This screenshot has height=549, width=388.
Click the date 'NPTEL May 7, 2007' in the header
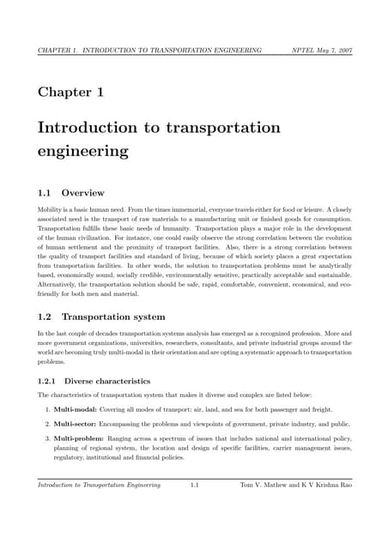point(321,51)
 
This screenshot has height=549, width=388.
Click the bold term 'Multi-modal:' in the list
point(76,409)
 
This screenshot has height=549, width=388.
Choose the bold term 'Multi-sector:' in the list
point(77,424)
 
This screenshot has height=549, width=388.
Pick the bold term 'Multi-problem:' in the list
point(80,438)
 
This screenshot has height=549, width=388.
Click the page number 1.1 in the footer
point(195,486)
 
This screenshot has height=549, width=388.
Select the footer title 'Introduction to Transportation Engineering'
point(99,486)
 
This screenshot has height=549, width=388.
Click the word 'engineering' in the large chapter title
point(83,152)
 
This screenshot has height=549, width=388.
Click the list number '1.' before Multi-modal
point(47,409)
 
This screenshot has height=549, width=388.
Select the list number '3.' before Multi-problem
point(47,438)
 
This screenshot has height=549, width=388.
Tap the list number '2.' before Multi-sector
point(47,424)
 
